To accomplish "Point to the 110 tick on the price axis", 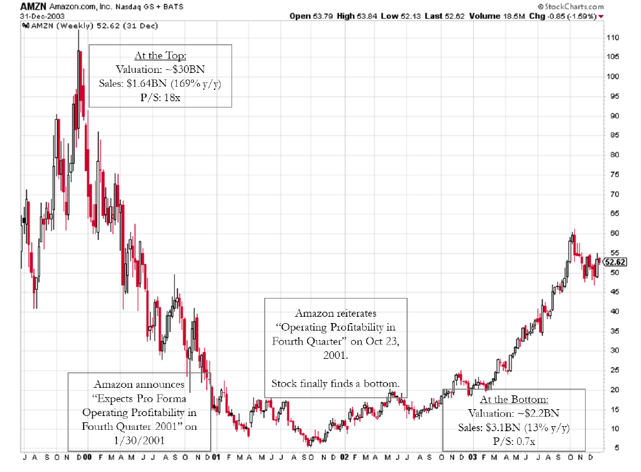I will [613, 38].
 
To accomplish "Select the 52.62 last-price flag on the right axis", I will [615, 262].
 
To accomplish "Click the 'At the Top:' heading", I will [160, 56].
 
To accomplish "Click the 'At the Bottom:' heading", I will [514, 400].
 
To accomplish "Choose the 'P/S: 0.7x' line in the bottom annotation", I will [514, 441].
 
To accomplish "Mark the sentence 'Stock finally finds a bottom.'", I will [335, 383].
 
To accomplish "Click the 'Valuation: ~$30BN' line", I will [160, 69].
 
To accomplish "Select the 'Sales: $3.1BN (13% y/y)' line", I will [514, 427].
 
